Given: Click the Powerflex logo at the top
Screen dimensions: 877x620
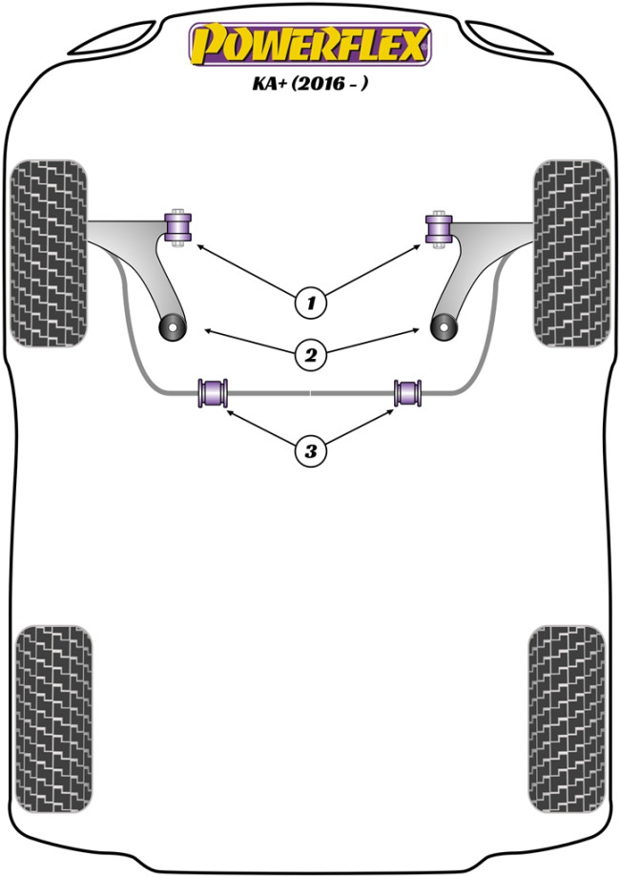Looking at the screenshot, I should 310,44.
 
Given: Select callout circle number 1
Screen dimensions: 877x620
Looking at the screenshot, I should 309,303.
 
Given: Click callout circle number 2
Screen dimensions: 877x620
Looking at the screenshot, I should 309,356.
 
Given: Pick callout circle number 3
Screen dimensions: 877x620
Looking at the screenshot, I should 309,449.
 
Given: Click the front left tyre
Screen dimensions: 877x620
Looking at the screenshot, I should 48,253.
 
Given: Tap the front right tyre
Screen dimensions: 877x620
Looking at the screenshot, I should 571,253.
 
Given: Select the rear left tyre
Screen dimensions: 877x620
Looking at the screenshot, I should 53,720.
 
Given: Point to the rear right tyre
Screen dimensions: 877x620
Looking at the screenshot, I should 566,720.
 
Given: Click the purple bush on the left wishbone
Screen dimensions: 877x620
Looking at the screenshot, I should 178,226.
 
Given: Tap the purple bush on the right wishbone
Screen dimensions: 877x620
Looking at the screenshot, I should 440,226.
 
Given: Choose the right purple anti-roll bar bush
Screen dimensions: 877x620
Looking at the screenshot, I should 408,391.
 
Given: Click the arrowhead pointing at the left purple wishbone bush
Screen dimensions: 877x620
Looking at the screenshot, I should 199,246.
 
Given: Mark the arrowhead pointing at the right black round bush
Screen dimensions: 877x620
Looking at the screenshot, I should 418,329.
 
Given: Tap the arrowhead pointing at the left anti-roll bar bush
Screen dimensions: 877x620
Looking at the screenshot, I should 227,411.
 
